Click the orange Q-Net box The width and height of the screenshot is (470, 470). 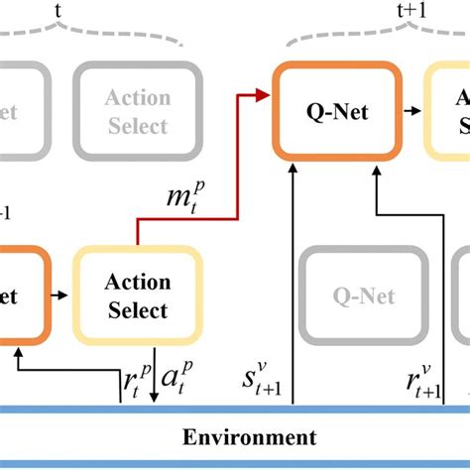click(337, 112)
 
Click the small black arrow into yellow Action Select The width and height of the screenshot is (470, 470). click(62, 295)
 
